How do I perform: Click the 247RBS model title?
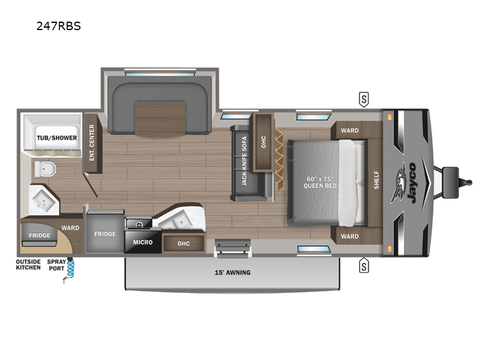coord(58,26)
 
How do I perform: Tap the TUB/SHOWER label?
coord(57,138)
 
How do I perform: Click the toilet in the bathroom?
coord(45,169)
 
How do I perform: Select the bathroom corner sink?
coord(43,200)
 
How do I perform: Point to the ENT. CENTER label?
coord(92,143)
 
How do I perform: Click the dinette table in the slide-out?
coord(160,119)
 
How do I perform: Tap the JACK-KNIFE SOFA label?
coord(244,161)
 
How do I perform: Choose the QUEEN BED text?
coord(320,186)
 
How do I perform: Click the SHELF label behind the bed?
coord(376,179)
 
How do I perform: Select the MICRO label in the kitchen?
coord(142,242)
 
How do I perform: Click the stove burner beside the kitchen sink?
coord(139,224)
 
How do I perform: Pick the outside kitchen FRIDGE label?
coord(40,235)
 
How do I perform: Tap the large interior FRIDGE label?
coord(105,234)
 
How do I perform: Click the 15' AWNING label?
coord(233,273)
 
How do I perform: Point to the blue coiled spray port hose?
coord(70,268)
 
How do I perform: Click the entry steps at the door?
coord(233,247)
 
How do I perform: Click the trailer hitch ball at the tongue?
coord(469,182)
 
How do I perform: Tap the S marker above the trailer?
coord(364,99)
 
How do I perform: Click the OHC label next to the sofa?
coord(263,142)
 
